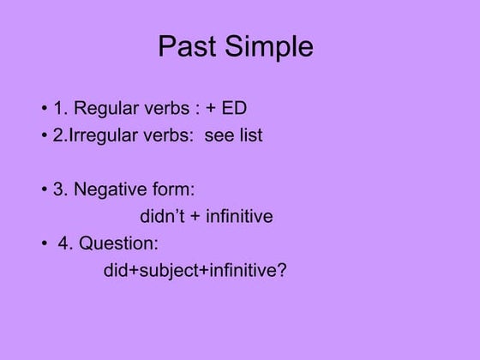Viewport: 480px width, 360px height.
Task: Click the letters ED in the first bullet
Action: (x=234, y=109)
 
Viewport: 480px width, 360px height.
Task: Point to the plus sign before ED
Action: (x=211, y=110)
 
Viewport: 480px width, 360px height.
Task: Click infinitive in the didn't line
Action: (x=238, y=216)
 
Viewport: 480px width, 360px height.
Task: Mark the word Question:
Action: (x=119, y=243)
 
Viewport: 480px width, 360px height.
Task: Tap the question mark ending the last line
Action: (x=282, y=270)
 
